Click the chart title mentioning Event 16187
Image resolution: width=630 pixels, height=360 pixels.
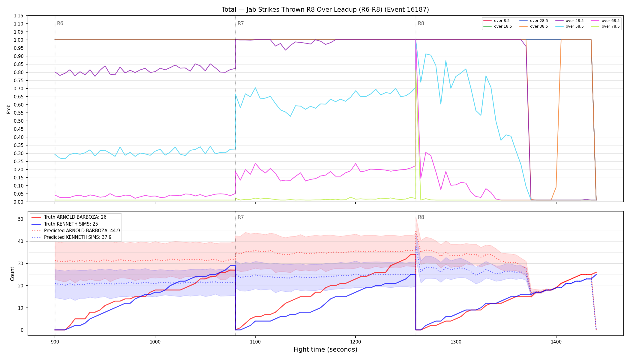click(325, 10)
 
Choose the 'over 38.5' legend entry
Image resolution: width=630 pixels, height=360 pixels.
click(534, 26)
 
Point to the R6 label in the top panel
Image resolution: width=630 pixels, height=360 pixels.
click(60, 23)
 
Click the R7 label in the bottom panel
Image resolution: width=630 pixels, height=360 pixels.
click(241, 217)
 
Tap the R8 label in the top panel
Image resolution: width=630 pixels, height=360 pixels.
click(421, 23)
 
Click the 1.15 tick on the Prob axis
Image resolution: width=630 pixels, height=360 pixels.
click(19, 16)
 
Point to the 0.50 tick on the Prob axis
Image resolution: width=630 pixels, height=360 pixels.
click(19, 121)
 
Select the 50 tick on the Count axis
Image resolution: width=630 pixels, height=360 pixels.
click(21, 219)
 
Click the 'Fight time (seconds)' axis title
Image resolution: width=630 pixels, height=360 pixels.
click(325, 349)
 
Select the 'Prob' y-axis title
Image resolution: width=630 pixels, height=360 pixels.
click(9, 109)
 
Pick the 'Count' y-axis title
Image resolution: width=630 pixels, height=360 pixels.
click(12, 274)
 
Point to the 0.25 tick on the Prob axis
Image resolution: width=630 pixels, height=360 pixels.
click(19, 161)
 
